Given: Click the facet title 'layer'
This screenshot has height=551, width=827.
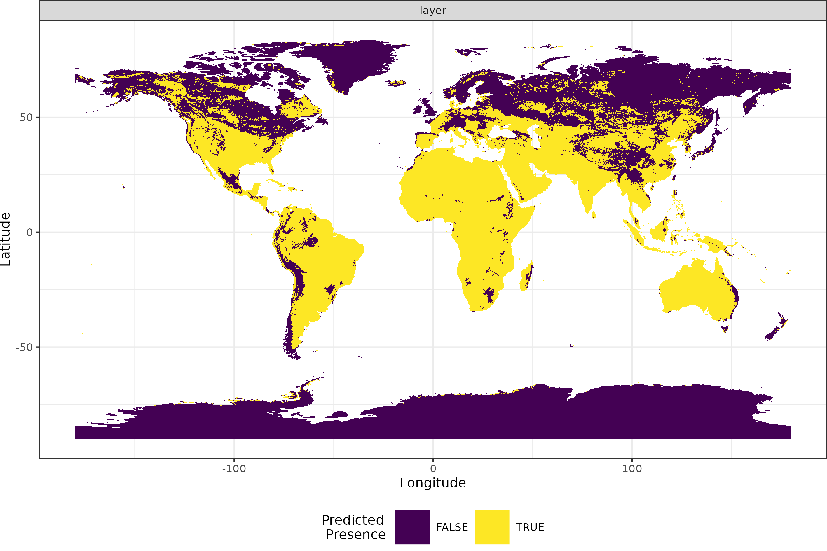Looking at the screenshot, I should [433, 11].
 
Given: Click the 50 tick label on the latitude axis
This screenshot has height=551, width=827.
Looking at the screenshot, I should [26, 117].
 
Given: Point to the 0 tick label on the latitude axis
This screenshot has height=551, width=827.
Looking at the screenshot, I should [29, 232].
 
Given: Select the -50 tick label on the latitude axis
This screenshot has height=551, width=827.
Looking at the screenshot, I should [24, 347].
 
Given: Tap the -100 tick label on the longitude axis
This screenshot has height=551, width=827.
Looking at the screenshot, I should [234, 469].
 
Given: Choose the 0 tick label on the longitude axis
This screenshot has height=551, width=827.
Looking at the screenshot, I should [433, 469].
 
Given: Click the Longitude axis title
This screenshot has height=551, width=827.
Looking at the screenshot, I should [433, 483].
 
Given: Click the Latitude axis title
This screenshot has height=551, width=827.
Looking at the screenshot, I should [6, 239].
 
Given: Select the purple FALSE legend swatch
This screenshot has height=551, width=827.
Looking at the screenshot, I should [412, 527].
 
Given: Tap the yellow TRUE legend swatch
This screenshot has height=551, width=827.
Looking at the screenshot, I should [492, 527].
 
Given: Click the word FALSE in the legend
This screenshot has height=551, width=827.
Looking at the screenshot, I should [452, 527].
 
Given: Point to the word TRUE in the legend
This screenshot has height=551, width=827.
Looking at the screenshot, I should [530, 527].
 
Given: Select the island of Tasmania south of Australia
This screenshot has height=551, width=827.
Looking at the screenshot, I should [724, 328].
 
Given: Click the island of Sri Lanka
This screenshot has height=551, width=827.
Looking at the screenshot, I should [594, 214].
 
